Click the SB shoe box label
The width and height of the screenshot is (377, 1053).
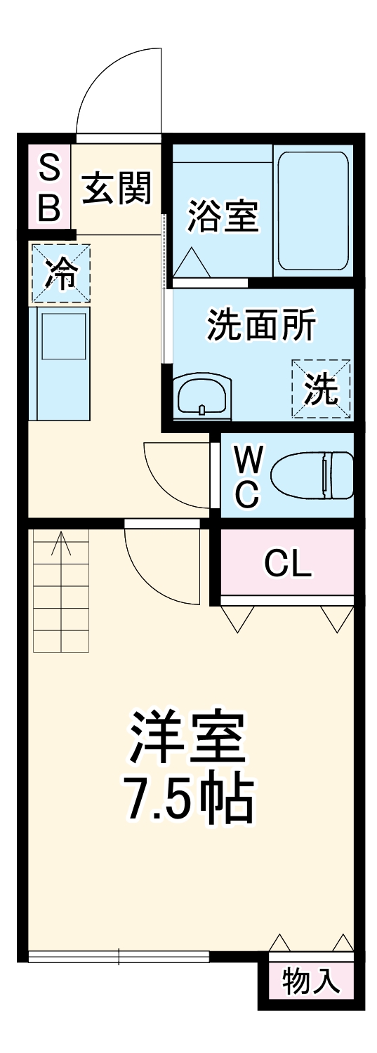click(48, 187)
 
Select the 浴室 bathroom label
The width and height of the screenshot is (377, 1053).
click(222, 217)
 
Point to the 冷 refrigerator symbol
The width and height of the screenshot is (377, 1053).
click(60, 273)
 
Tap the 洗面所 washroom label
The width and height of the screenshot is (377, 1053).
click(261, 325)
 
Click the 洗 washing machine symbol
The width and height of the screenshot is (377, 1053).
click(321, 388)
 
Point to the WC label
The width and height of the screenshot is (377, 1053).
click(248, 477)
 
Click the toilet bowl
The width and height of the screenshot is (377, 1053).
click(312, 475)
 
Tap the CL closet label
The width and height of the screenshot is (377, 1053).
click(287, 563)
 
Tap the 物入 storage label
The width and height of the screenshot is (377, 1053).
click(311, 981)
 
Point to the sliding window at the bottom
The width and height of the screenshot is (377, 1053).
click(119, 956)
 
